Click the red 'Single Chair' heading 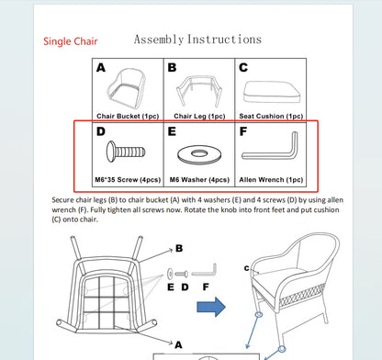click(x=71, y=41)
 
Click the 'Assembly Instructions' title click(x=197, y=39)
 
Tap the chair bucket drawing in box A click(x=126, y=88)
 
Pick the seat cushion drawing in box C click(x=272, y=92)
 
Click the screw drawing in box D click(x=126, y=152)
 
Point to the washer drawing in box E click(x=199, y=154)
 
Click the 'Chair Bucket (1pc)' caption click(x=128, y=116)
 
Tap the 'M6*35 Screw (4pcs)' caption click(x=128, y=180)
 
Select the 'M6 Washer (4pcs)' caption click(x=199, y=180)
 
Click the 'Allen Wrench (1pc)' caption click(x=271, y=180)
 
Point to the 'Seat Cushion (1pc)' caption click(x=271, y=116)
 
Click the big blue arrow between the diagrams click(x=211, y=307)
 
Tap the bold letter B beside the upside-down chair click(x=179, y=248)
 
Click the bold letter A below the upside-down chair click(x=178, y=345)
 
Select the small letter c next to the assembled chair click(x=247, y=268)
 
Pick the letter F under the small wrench click(x=206, y=287)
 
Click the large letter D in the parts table click(x=101, y=131)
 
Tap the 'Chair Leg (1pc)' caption click(x=199, y=116)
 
